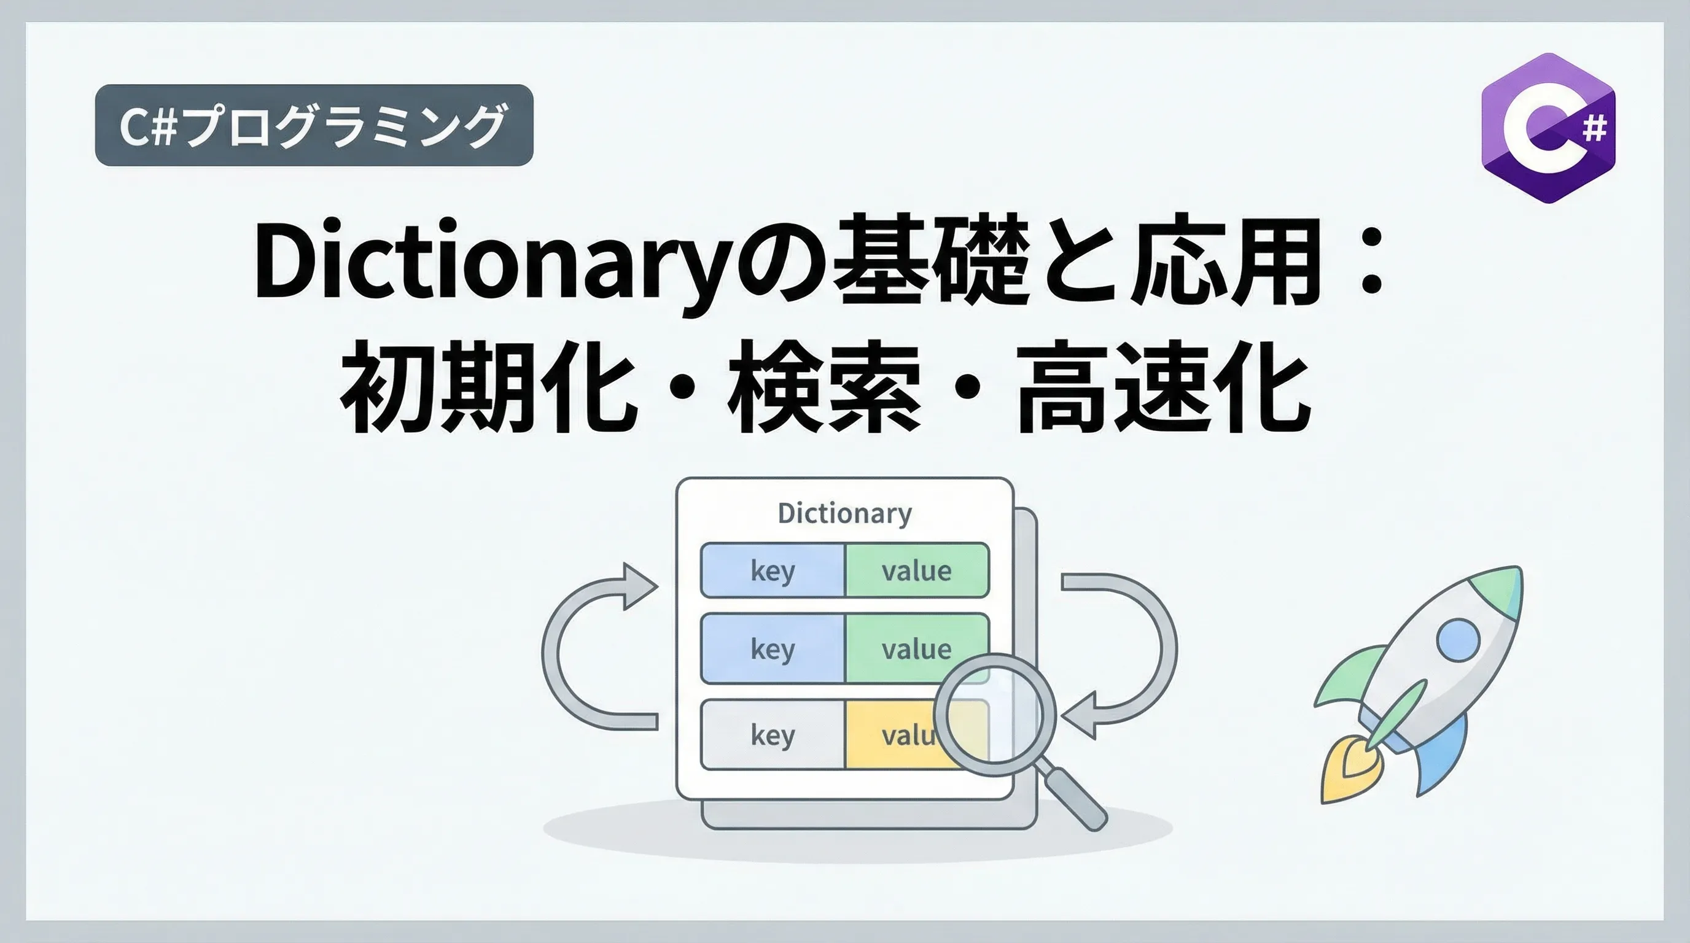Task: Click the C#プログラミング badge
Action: tap(314, 125)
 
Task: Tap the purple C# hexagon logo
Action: tap(1548, 128)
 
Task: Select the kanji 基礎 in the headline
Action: tap(929, 260)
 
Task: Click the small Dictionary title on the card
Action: tap(845, 513)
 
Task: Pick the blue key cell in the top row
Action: tap(773, 570)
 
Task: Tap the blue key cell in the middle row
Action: tap(773, 648)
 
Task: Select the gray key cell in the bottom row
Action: tap(773, 734)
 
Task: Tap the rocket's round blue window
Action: tap(1458, 639)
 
